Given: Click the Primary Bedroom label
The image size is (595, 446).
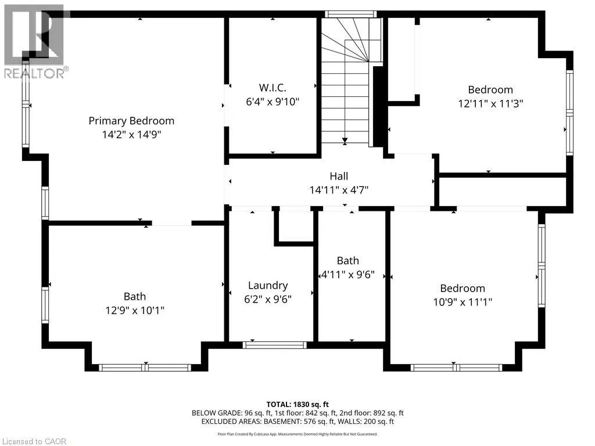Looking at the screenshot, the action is coord(131,121).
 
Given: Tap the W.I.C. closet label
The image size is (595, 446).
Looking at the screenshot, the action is coord(273,88).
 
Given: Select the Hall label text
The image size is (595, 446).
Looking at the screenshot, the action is coord(339,176).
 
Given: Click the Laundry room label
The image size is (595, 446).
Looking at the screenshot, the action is coord(268,286).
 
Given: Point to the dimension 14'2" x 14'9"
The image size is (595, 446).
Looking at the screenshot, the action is coord(131,135).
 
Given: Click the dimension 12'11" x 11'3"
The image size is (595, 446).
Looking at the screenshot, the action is coord(490,103).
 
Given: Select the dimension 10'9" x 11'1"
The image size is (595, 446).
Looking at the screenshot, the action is coord(463,302).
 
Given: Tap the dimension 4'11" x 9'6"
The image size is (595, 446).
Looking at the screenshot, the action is coord(348,275).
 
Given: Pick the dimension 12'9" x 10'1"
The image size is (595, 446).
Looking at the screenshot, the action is coord(135,311).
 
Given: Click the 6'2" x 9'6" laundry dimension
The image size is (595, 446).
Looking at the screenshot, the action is coord(267,300).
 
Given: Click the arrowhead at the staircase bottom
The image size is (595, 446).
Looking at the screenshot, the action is coord(345,142).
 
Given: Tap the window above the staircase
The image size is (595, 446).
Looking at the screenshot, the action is coord(350,15).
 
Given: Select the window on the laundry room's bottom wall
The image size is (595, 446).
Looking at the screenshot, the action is coord(274,345).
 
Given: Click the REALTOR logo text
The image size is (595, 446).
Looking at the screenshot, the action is coord(37,73).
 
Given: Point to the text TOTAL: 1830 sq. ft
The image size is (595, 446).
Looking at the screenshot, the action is coord(297,405).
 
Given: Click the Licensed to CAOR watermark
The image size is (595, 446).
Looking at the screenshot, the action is coord(34,441).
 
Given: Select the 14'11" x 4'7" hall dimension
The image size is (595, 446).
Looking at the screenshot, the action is coord(339,190).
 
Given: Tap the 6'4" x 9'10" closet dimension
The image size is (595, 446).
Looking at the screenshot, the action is coord(273,102).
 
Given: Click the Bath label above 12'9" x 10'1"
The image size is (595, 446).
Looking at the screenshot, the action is coord(135,297).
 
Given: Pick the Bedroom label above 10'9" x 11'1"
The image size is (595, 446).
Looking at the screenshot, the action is coord(463,288).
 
